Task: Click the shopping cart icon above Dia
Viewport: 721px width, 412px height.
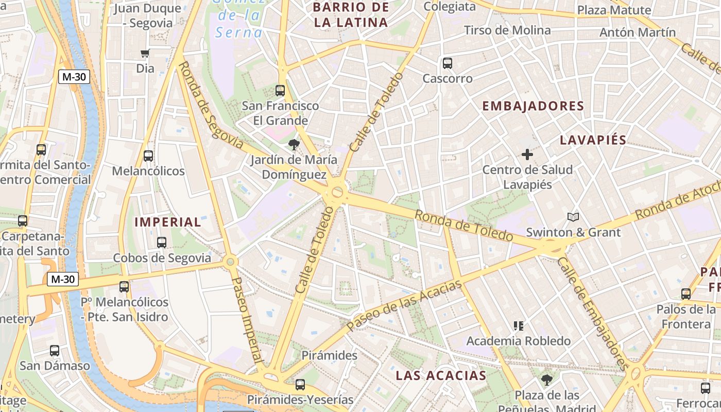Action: [145, 53]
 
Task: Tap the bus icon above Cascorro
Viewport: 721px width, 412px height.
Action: [448, 63]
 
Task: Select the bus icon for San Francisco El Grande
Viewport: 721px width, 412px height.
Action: [280, 91]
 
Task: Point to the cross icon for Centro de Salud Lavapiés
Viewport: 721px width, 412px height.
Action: [527, 154]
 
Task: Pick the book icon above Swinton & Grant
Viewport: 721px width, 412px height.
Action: [573, 217]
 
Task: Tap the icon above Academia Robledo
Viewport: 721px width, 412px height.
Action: [519, 325]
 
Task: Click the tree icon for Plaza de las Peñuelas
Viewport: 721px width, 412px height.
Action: [547, 380]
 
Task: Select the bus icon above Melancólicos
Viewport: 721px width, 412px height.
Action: [148, 156]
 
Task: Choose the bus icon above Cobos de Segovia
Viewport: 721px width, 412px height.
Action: [162, 242]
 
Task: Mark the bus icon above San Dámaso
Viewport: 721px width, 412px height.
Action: [55, 351]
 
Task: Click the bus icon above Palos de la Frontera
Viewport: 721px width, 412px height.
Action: [686, 294]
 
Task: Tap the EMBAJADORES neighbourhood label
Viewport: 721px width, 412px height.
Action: [533, 106]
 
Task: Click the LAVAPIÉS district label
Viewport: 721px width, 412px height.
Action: [593, 140]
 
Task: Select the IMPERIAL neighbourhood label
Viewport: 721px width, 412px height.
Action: [168, 222]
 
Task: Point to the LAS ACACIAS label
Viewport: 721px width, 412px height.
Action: [441, 375]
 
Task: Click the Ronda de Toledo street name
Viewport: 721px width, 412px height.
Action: [463, 226]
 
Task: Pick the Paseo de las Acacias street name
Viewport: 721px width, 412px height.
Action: [404, 306]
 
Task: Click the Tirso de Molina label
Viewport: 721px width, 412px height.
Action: [507, 30]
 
